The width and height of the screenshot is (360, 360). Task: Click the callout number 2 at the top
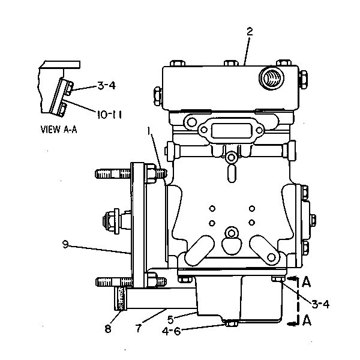[250, 32]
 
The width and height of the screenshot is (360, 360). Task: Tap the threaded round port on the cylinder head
[271, 78]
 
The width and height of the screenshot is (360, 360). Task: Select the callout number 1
[149, 131]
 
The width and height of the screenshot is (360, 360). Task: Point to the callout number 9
[65, 244]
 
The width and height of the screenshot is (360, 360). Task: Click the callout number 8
[108, 329]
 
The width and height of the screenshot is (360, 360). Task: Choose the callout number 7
[138, 328]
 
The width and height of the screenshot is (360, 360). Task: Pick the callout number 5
[170, 319]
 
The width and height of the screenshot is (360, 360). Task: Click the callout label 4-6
[171, 331]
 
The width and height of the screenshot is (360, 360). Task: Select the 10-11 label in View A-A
[109, 115]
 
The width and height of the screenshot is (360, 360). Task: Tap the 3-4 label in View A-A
[107, 86]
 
